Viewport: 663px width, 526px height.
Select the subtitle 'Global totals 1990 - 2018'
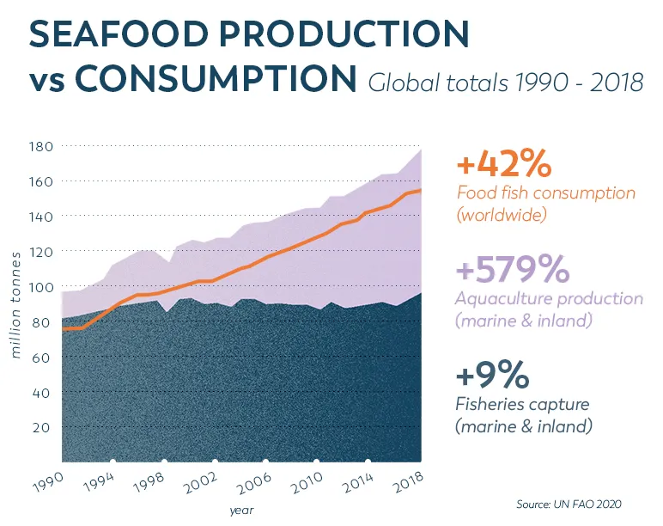tap(506, 83)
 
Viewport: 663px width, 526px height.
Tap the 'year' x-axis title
tap(240, 511)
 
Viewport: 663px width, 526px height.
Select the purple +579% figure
tap(513, 270)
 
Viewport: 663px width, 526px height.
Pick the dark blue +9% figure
tap(493, 376)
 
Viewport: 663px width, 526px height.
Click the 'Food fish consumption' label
tap(545, 193)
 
